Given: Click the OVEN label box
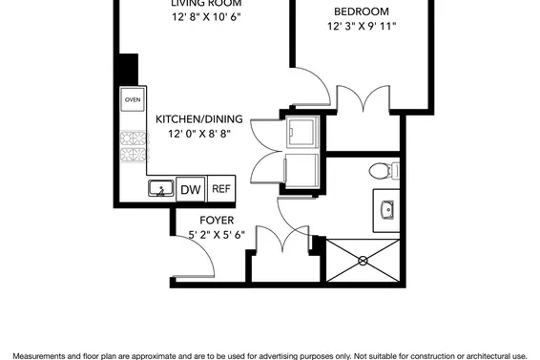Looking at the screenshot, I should coord(132,99).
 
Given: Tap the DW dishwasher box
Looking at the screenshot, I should coord(189,189).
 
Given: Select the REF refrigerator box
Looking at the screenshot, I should coord(221,189).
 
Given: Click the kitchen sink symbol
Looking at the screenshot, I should coord(158,189).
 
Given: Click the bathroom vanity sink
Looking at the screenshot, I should coord(387,210).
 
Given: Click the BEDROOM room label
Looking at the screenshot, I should coord(361,11).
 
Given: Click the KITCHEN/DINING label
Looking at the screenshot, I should coord(199,119).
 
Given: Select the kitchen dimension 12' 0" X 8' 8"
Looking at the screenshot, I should coord(199,135).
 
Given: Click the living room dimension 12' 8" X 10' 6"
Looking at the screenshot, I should coord(199,18).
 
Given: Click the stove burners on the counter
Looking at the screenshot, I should coord(132,144).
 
